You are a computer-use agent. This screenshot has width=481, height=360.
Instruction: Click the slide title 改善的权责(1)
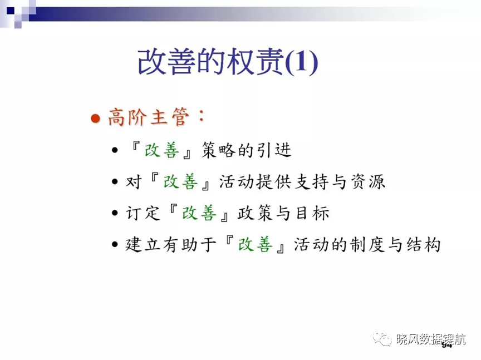(x=228, y=62)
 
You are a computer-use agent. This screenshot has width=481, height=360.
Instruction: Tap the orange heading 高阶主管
(x=149, y=117)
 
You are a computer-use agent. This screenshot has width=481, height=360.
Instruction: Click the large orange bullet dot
(x=96, y=119)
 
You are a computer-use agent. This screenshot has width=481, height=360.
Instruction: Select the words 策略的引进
(x=246, y=151)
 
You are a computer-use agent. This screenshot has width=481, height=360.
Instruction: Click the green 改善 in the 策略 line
(x=162, y=151)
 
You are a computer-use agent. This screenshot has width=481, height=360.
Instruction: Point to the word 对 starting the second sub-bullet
(x=134, y=182)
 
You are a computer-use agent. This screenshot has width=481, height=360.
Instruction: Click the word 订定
(x=143, y=213)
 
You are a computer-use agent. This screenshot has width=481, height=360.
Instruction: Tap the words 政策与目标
(x=283, y=213)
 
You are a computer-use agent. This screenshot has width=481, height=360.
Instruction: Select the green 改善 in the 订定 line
(x=199, y=213)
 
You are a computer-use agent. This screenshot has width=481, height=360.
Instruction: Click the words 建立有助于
(x=171, y=245)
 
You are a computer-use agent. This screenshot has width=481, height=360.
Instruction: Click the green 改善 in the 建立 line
(x=255, y=245)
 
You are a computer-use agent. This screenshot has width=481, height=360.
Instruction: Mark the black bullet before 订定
(x=115, y=213)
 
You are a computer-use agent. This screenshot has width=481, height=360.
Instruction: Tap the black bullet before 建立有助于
(x=115, y=244)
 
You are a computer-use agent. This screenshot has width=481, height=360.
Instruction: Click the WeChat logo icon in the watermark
(x=382, y=338)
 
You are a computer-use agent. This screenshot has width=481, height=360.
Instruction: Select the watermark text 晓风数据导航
(x=431, y=339)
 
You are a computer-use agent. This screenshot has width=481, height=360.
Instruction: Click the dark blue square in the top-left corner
(x=11, y=11)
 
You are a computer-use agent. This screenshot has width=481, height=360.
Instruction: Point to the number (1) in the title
(x=302, y=62)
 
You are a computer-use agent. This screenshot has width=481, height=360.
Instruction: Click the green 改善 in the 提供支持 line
(x=180, y=182)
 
